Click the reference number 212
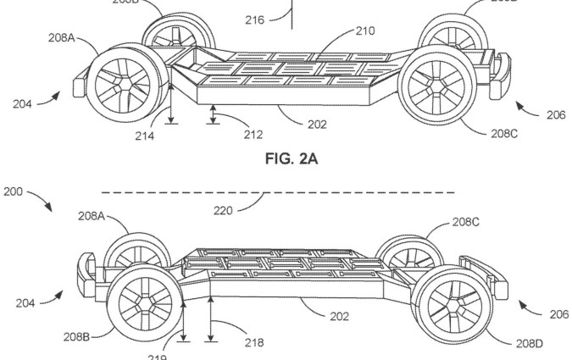click(x=252, y=133)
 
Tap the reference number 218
click(x=253, y=343)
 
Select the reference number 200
click(x=13, y=193)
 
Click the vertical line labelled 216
click(x=294, y=10)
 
